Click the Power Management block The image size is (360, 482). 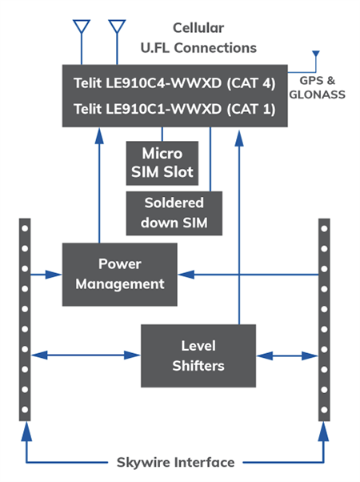tap(119, 274)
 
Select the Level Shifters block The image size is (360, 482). tap(198, 355)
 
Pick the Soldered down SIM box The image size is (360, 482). tap(174, 212)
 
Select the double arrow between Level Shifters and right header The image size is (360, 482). tap(286, 352)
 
